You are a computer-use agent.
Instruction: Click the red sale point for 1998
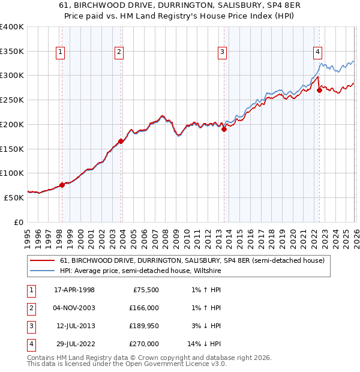[62, 185]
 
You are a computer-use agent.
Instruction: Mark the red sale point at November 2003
[121, 141]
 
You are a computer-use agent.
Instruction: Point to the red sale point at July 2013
[223, 129]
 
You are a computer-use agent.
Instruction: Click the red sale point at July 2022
[319, 90]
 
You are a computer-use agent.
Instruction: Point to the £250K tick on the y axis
[12, 100]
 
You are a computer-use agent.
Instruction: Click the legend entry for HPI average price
[140, 271]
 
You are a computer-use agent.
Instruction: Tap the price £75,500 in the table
[145, 290]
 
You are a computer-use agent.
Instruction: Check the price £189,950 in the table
[143, 326]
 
